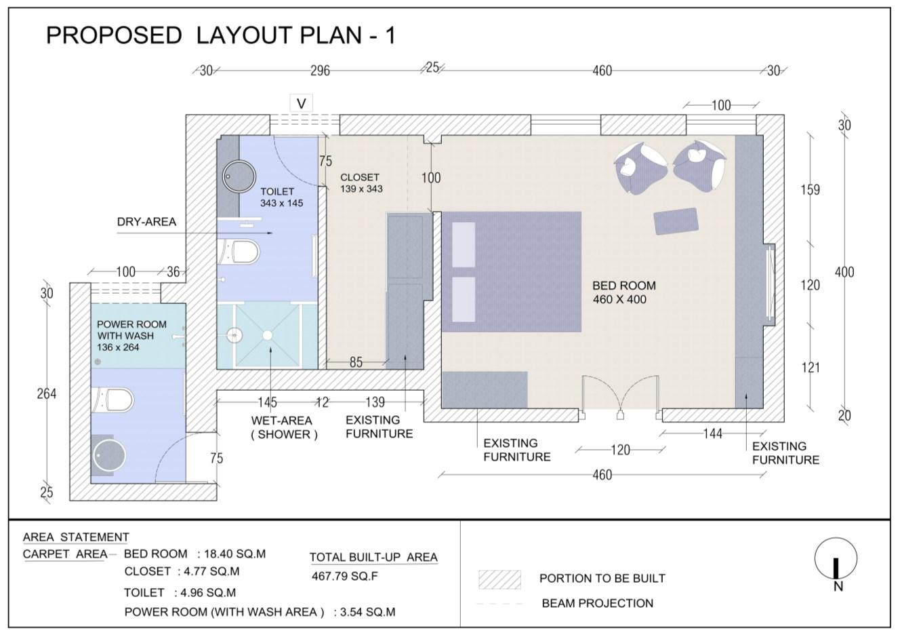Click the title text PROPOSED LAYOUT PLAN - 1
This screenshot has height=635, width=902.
(x=221, y=35)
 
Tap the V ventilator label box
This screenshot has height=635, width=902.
(x=301, y=104)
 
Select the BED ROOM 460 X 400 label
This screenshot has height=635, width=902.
(x=624, y=292)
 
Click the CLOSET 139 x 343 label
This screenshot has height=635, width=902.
(x=361, y=183)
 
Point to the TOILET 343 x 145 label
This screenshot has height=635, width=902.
(x=281, y=197)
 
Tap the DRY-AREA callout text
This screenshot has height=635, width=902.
(x=146, y=222)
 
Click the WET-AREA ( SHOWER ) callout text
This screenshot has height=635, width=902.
(x=285, y=427)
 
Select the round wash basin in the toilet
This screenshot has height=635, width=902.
(x=239, y=176)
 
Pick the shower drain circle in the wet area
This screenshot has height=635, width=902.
(x=268, y=335)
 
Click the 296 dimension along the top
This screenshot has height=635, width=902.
(x=320, y=71)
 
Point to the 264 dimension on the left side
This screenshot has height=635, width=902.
(x=47, y=393)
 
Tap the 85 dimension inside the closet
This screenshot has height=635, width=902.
(x=356, y=362)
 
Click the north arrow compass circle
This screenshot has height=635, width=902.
(x=836, y=558)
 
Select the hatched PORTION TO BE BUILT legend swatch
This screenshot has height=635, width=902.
(x=499, y=579)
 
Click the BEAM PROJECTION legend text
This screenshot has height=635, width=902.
(x=598, y=603)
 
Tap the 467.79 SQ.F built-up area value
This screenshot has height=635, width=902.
(x=345, y=576)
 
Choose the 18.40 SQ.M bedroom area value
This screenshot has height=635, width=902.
(x=234, y=554)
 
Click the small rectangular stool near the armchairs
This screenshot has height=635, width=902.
(x=676, y=221)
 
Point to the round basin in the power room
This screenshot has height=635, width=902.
(x=109, y=455)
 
